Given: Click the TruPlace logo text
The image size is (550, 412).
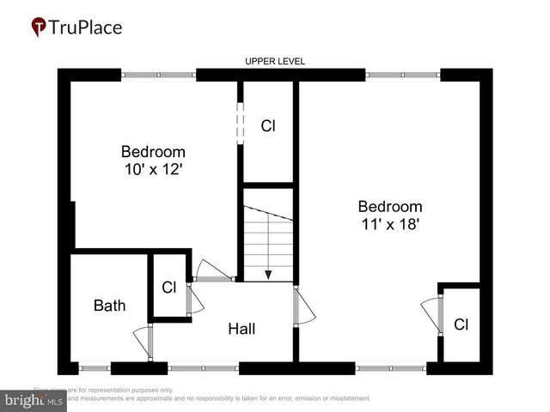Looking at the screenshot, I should (85, 27).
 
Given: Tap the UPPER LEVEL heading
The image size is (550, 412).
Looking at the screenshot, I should (275, 61).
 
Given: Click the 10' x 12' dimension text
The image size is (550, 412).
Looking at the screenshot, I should (153, 170).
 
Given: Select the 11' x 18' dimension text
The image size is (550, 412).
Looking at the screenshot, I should (390, 224).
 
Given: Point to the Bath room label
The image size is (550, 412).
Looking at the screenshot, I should (109, 305).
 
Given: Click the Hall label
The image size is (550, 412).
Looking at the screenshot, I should (241, 329).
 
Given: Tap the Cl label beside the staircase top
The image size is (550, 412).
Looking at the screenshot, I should (268, 125).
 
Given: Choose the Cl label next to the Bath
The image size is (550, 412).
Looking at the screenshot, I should (169, 287).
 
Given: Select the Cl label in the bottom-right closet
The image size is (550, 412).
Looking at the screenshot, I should (461, 324).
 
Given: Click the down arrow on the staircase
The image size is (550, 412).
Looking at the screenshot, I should (268, 273).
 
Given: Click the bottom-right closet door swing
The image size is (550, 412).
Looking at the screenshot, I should (431, 314).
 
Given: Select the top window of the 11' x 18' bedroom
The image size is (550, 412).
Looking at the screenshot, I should (403, 76).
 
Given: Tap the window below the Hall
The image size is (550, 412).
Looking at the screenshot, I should (203, 368).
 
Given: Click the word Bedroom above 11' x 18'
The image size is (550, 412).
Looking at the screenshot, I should (390, 206).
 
